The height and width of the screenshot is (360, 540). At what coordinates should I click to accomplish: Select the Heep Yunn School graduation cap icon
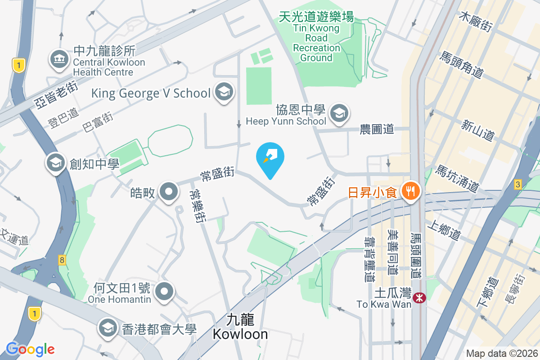coord(339,113)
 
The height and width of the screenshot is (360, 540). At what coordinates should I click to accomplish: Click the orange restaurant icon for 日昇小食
coord(410,191)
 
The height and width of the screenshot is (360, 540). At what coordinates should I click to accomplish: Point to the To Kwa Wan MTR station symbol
coord(420,297)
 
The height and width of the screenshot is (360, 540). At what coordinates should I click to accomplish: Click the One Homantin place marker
coord(165,291)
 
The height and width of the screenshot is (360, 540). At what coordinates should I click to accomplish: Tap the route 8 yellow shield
coord(62,260)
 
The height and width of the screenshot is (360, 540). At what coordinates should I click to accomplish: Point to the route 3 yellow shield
coord(518,184)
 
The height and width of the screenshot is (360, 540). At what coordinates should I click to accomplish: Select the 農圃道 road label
coord(377,130)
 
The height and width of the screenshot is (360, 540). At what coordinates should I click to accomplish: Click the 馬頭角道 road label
coord(462,65)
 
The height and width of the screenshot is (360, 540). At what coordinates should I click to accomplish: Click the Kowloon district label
coord(240,327)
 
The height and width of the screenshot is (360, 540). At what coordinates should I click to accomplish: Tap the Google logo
coord(30,349)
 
